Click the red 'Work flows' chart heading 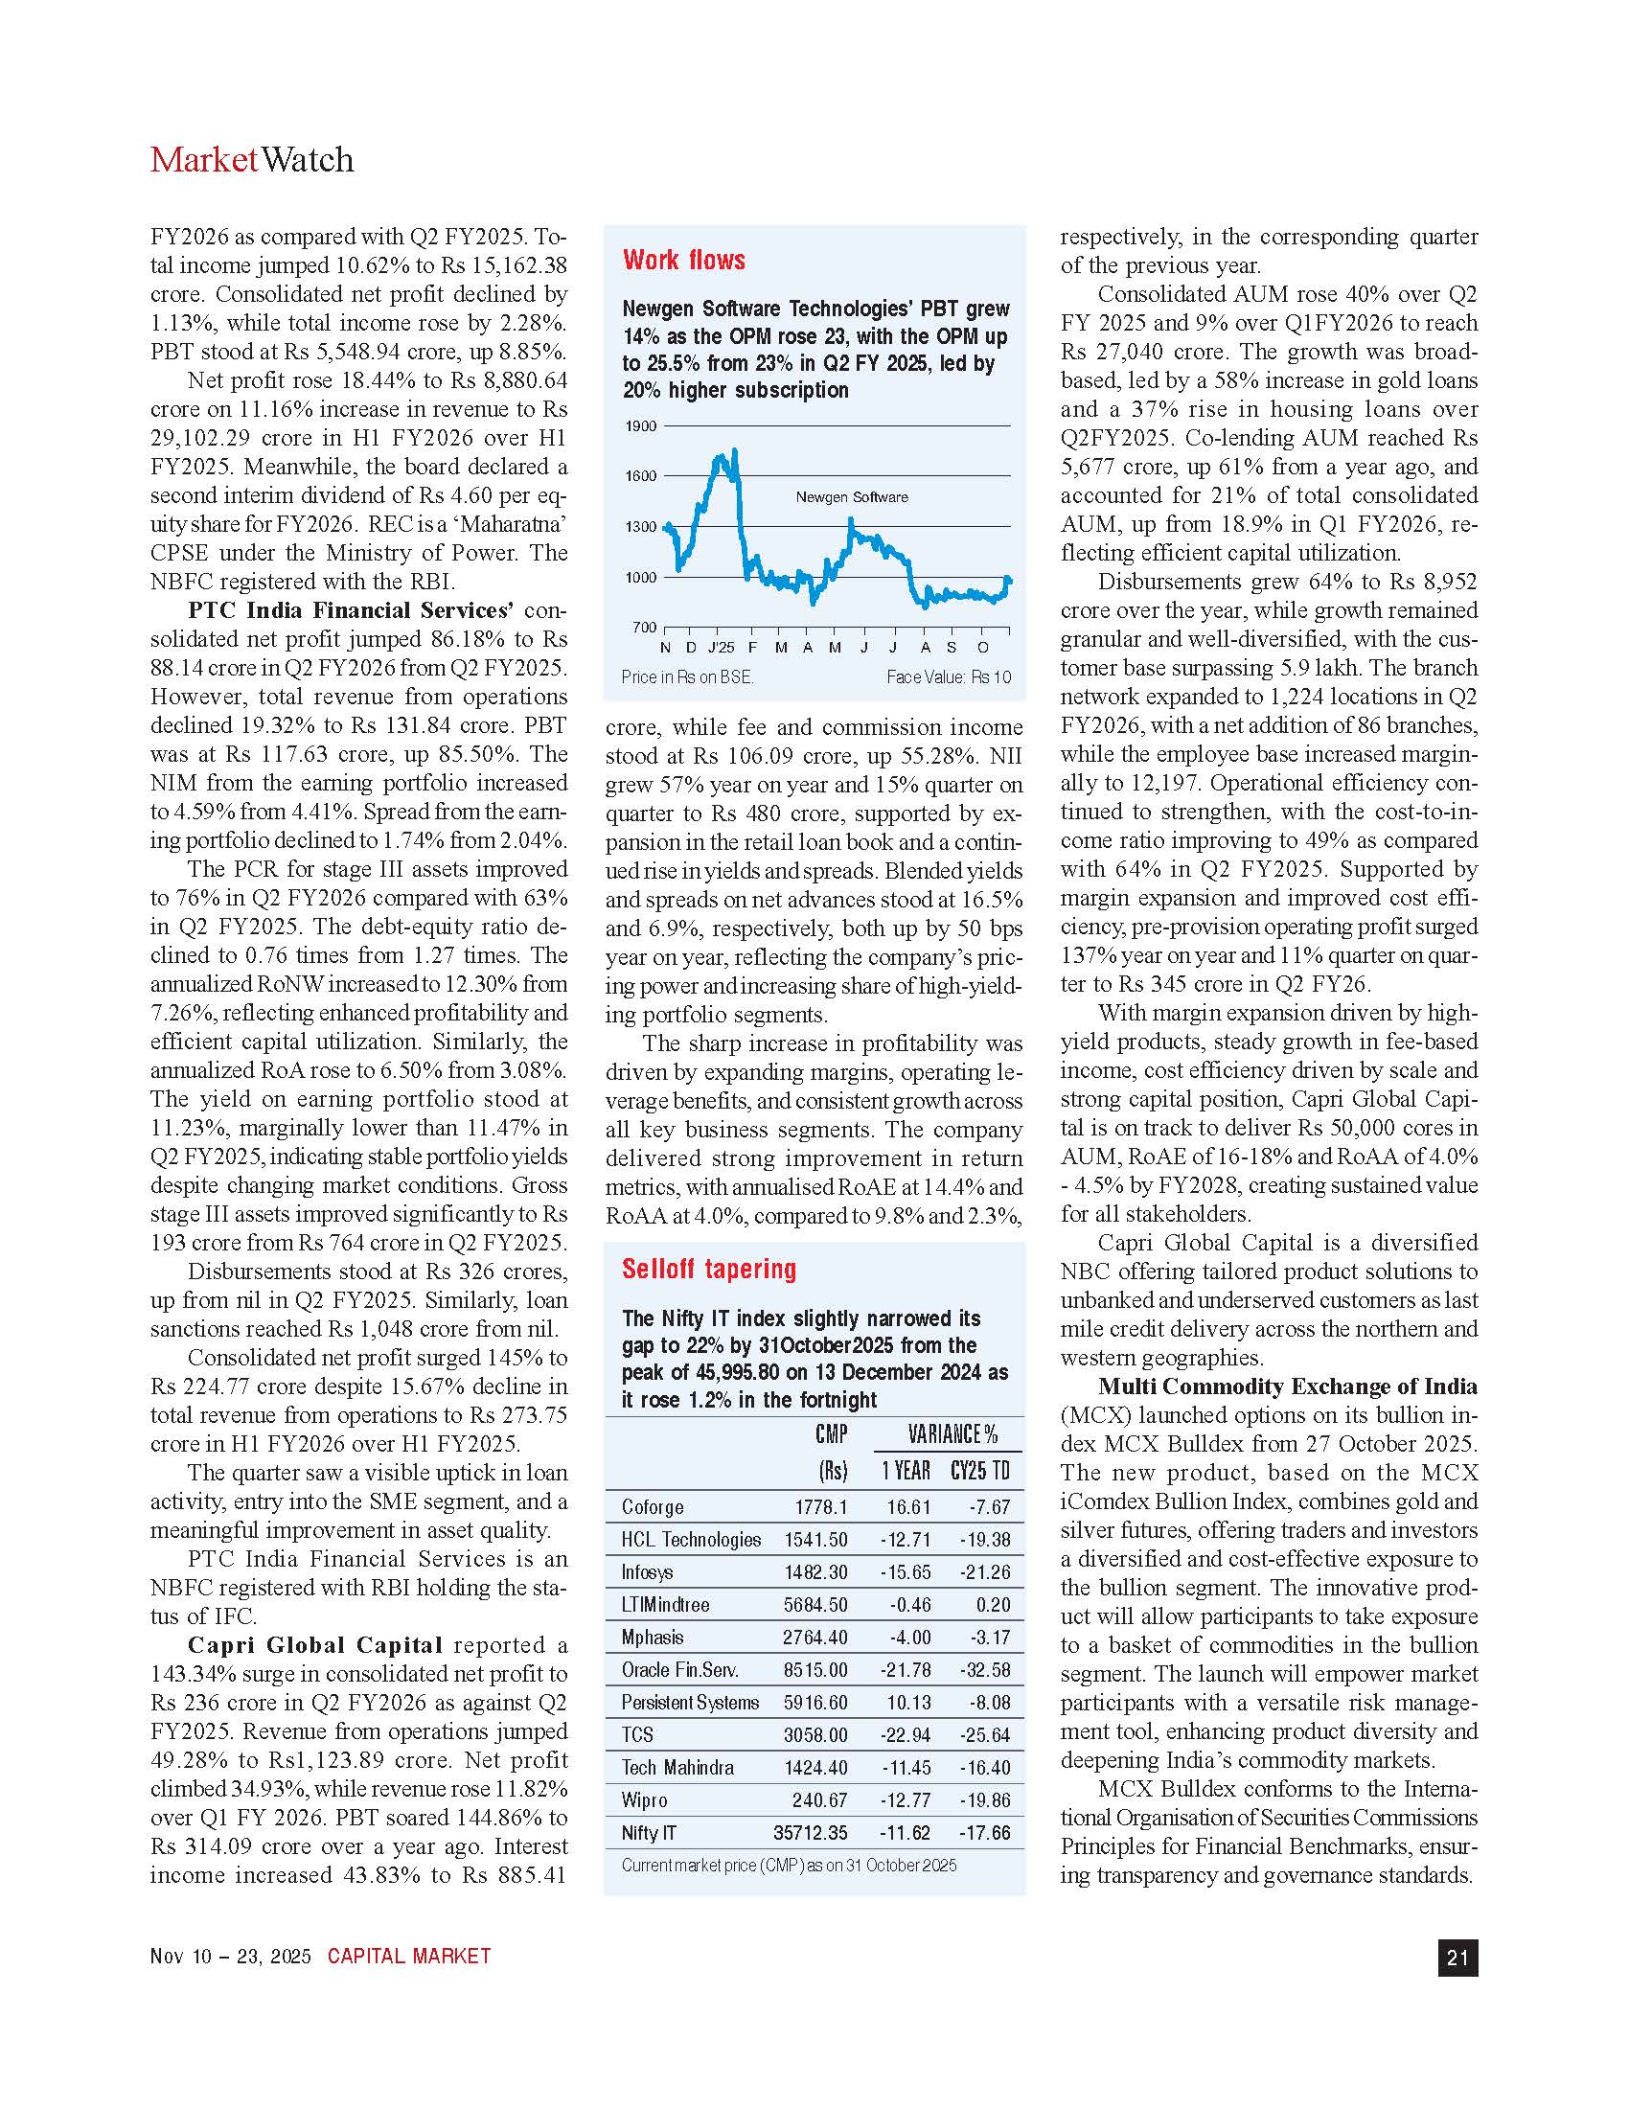tap(683, 260)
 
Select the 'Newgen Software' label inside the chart tap(851, 497)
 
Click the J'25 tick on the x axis tap(721, 647)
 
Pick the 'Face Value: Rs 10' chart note tap(949, 677)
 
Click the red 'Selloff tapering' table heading tap(709, 1270)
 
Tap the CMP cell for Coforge tap(821, 1506)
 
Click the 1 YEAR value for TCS tap(906, 1734)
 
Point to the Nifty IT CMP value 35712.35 tap(810, 1833)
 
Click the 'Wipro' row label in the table tap(644, 1800)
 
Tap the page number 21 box tap(1457, 1958)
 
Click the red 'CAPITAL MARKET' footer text tap(409, 1957)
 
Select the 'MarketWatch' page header tap(252, 159)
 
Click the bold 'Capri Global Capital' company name tap(314, 1644)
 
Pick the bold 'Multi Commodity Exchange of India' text tap(1287, 1387)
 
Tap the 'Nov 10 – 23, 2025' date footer tap(231, 1957)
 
